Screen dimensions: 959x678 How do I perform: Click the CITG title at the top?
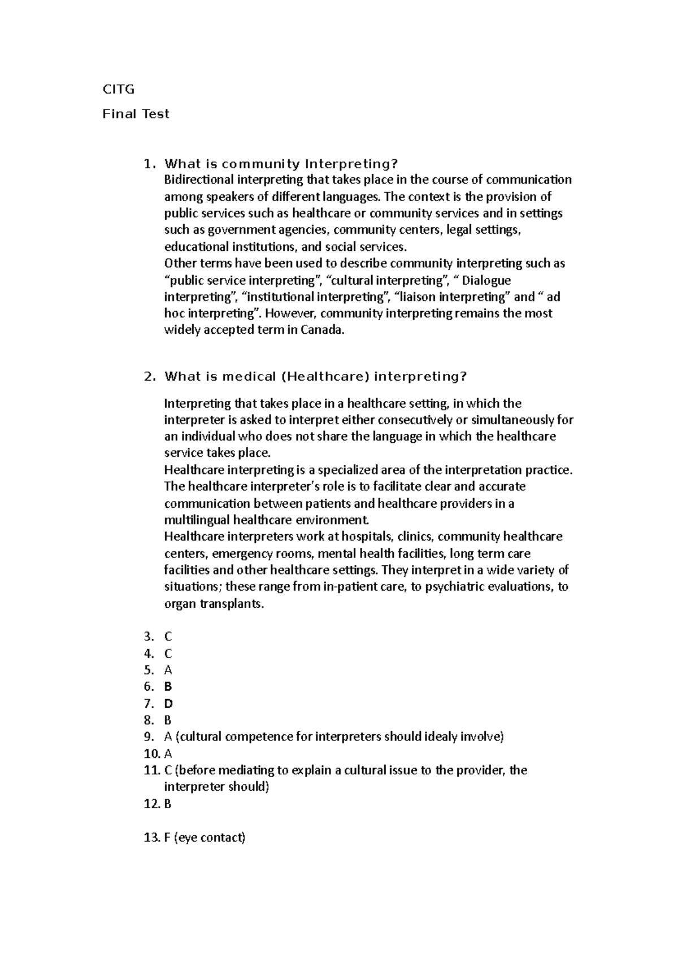118,89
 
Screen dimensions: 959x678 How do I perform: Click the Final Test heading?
136,114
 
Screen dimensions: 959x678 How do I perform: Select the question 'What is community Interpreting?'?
281,164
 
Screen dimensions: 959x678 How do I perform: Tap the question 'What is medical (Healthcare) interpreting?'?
315,377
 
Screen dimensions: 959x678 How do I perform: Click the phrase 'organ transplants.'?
214,604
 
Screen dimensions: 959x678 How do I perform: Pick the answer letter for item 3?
168,637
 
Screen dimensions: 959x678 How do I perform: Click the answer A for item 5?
168,670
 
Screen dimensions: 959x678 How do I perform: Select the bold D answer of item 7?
168,704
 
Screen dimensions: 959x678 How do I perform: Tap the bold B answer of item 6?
168,687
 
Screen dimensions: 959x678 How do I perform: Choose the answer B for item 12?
168,804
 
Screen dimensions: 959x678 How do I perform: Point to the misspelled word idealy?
439,737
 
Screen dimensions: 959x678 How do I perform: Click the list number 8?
149,720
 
